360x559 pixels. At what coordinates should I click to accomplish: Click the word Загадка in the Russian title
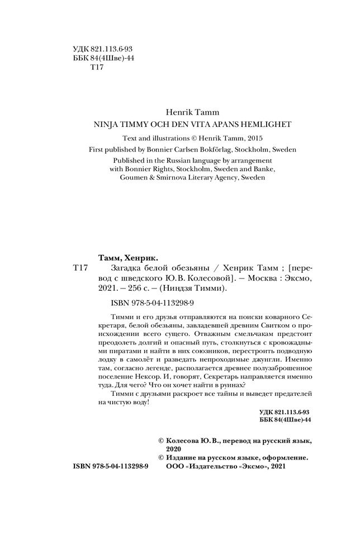point(120,268)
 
